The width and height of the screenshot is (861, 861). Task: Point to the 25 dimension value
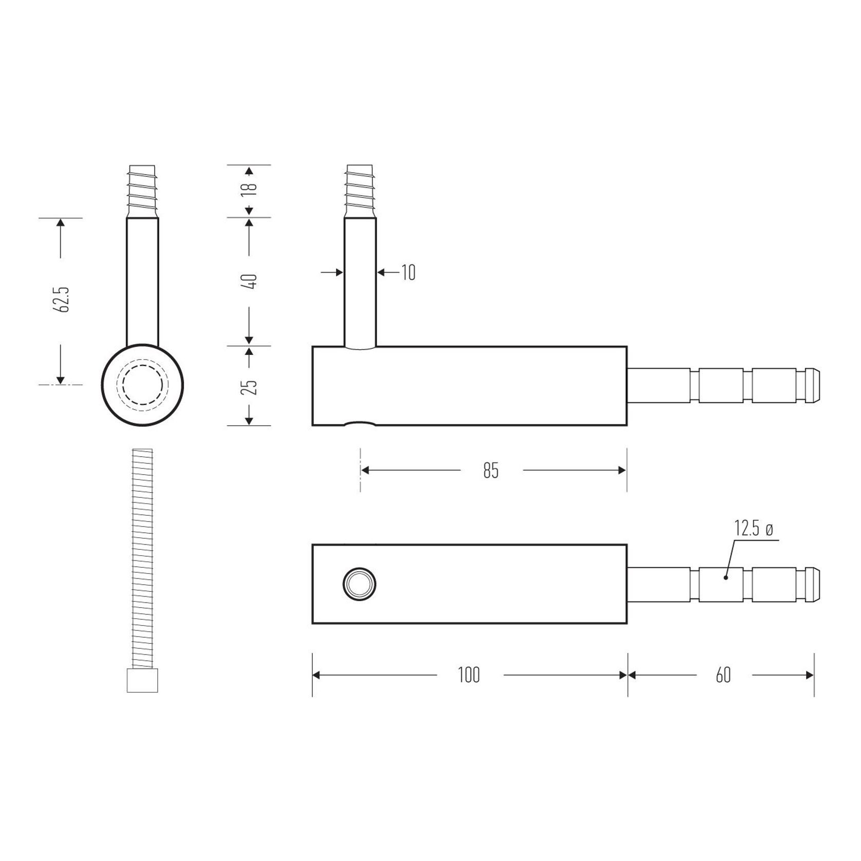point(250,386)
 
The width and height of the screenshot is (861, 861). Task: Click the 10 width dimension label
point(408,273)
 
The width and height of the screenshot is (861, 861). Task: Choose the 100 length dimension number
point(469,675)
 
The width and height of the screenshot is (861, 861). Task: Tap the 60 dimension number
point(723,675)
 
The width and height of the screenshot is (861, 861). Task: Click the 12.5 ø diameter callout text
point(753,529)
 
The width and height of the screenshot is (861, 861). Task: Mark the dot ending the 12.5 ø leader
point(725,578)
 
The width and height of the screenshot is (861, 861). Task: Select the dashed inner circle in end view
point(142,385)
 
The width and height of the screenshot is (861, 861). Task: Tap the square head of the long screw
point(142,681)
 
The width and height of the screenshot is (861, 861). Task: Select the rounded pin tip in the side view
point(813,385)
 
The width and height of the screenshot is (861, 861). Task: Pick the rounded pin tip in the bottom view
point(813,584)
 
